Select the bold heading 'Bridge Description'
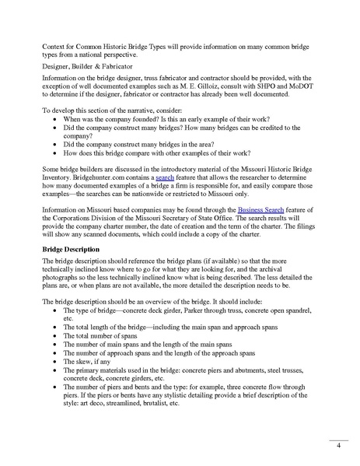[x=74, y=247]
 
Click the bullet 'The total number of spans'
[x=99, y=334]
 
